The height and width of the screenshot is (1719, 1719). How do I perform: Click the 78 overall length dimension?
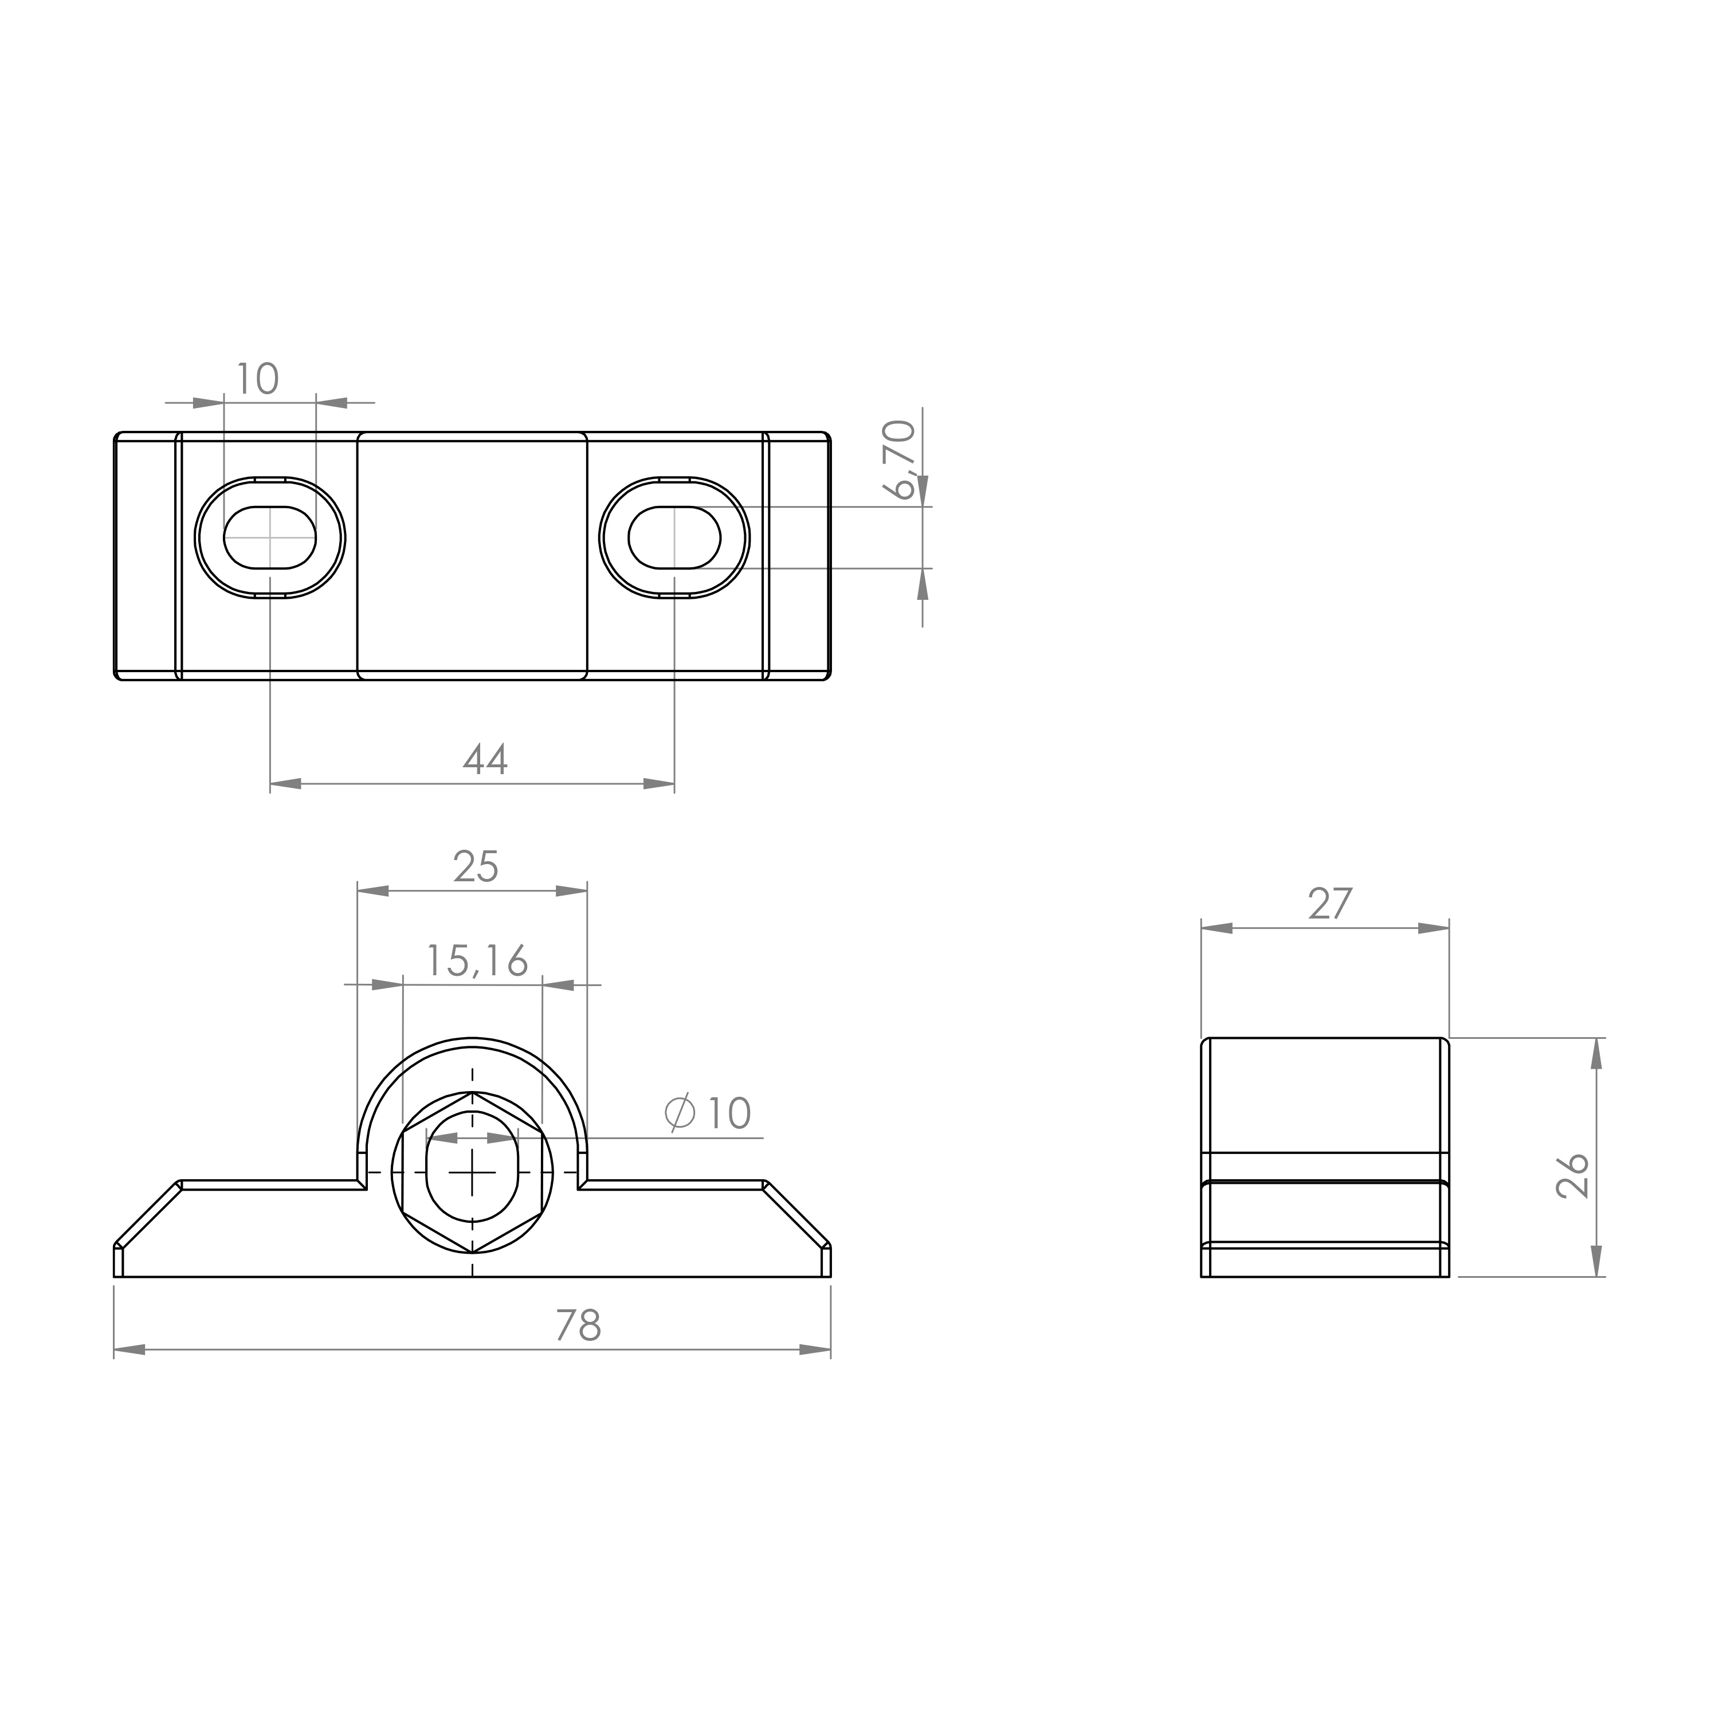click(578, 1326)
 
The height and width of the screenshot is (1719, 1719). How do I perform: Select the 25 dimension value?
click(476, 866)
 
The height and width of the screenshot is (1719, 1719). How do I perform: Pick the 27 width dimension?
click(1330, 904)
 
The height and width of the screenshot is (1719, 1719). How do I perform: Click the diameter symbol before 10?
click(680, 1112)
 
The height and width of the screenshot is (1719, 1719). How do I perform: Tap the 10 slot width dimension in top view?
click(257, 379)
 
